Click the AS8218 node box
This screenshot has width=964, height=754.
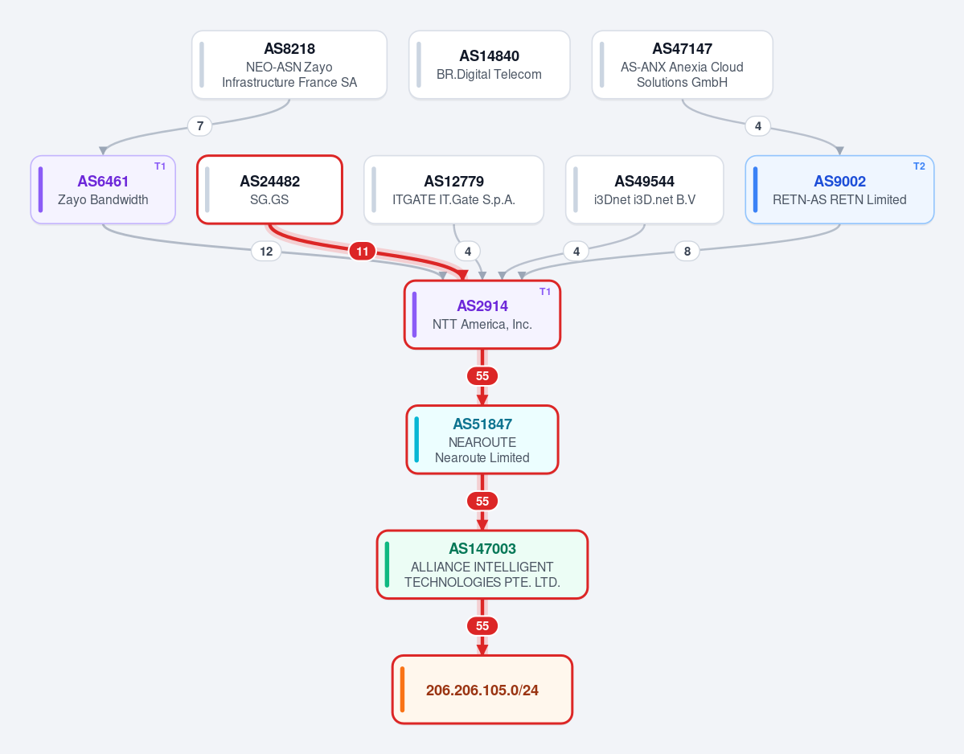pyautogui.click(x=289, y=64)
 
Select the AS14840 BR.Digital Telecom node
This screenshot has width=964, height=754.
pyautogui.click(x=490, y=64)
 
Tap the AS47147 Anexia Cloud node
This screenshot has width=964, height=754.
pyautogui.click(x=682, y=64)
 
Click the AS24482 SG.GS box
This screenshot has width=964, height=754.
pyautogui.click(x=269, y=189)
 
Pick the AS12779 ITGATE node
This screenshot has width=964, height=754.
pyautogui.click(x=453, y=189)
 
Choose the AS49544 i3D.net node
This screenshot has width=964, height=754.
pyautogui.click(x=644, y=189)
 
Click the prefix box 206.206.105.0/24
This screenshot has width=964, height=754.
pyautogui.click(x=482, y=690)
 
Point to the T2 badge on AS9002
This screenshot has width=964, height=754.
pyautogui.click(x=919, y=166)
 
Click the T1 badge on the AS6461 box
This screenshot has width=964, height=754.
pyautogui.click(x=160, y=166)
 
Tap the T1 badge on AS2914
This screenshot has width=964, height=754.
pyautogui.click(x=544, y=292)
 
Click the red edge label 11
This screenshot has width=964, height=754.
pyautogui.click(x=362, y=251)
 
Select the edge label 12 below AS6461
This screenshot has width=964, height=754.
pyautogui.click(x=266, y=251)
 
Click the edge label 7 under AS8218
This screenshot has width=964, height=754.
pyautogui.click(x=200, y=126)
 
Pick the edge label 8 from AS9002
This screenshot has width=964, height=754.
pyautogui.click(x=687, y=251)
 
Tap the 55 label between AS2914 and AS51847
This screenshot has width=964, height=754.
pyautogui.click(x=482, y=376)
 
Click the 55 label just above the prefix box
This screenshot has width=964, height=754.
pyautogui.click(x=482, y=625)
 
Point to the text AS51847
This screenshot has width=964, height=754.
pyautogui.click(x=482, y=424)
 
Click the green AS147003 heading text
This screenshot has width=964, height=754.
pyautogui.click(x=482, y=549)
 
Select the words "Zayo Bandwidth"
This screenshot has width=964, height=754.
pyautogui.click(x=103, y=199)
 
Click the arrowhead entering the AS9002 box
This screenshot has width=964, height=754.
pyautogui.click(x=840, y=151)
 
